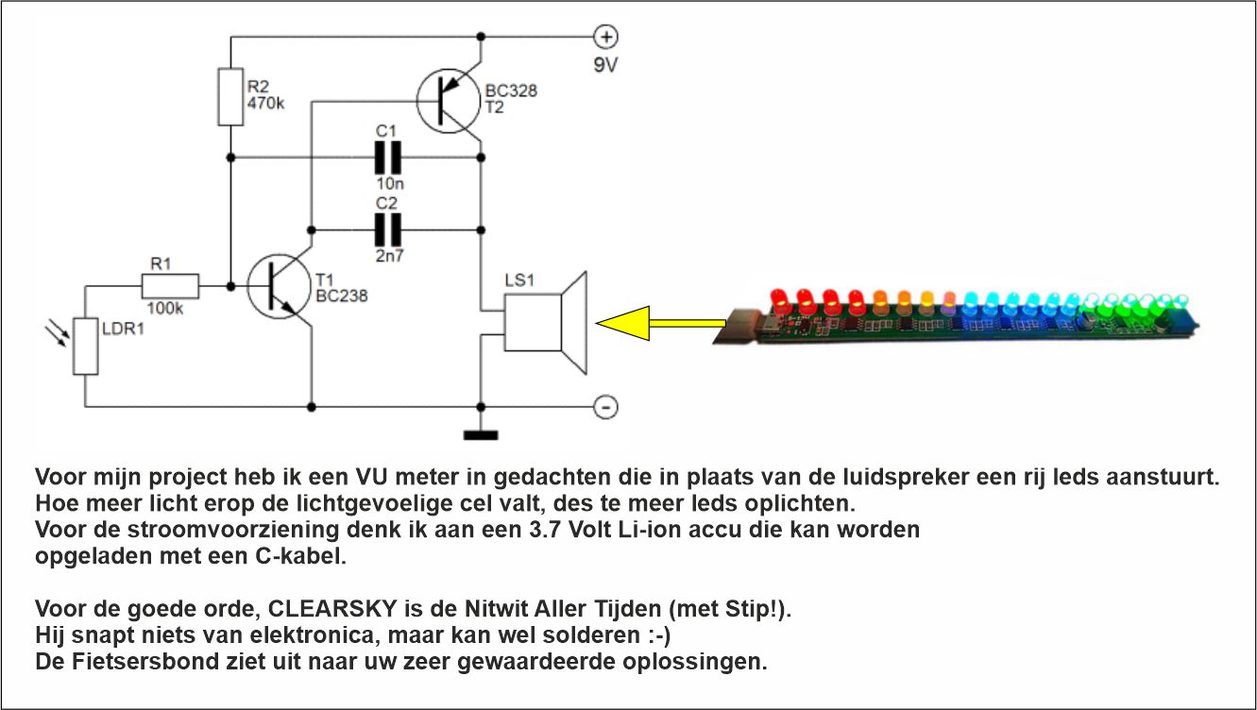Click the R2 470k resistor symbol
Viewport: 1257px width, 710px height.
(230, 96)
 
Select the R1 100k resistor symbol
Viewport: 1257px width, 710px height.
(170, 286)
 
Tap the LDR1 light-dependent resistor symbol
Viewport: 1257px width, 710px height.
(86, 346)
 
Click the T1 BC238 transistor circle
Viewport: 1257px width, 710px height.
(279, 287)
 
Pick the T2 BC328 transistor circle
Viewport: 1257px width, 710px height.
(449, 101)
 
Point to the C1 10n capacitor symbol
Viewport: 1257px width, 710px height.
(388, 158)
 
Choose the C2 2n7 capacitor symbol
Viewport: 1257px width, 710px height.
(388, 230)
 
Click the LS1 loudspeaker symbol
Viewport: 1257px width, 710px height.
(546, 323)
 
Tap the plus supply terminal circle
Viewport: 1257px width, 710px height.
(605, 37)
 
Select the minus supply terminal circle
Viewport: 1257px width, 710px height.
(605, 407)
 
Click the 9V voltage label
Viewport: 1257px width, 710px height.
(605, 65)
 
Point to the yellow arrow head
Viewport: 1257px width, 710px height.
(623, 323)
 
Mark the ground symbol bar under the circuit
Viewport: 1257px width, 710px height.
(481, 435)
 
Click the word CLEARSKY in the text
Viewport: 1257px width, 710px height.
(332, 608)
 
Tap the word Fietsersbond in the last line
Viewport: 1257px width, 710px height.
(144, 662)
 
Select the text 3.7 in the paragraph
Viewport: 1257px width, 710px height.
(545, 530)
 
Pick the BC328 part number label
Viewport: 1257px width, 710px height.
(511, 91)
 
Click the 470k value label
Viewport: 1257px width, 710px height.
(266, 103)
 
